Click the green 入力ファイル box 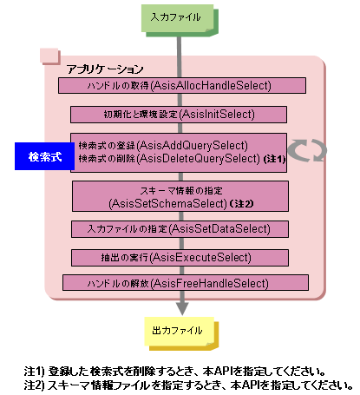[x=180, y=20]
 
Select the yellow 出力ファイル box [x=181, y=333]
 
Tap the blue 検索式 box [x=44, y=156]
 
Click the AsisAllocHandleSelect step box [x=182, y=85]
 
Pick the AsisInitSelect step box [x=179, y=115]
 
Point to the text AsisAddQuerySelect [x=193, y=146]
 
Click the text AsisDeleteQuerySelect [x=199, y=159]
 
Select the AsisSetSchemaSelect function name [x=168, y=204]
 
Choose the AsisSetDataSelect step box [x=180, y=229]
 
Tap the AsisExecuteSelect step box [x=180, y=258]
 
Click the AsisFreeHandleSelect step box [x=186, y=283]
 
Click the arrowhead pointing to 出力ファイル [x=182, y=308]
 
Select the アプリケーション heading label [x=105, y=69]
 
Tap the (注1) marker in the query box [x=274, y=160]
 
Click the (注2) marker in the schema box [x=241, y=204]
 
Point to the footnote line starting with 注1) [x=175, y=371]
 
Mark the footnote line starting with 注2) [x=188, y=385]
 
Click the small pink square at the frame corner [x=49, y=56]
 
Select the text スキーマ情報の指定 [x=181, y=191]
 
